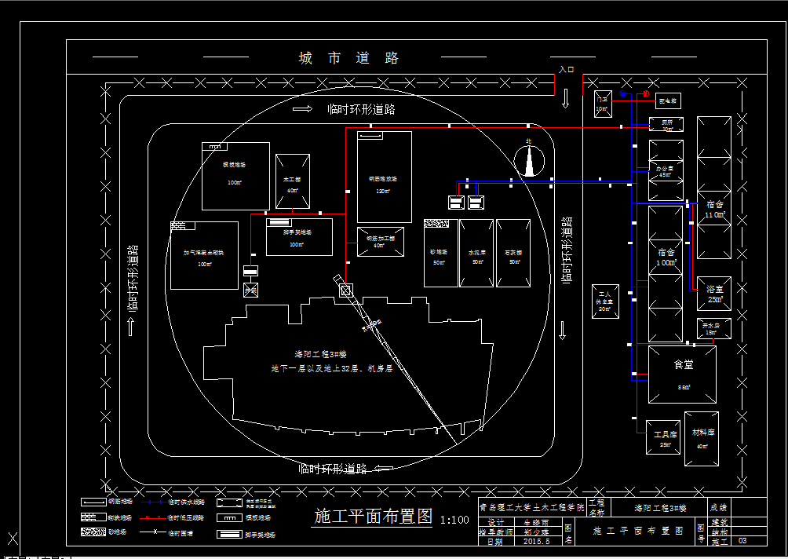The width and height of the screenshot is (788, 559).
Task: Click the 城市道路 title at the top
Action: (x=349, y=58)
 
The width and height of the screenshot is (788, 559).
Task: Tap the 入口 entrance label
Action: (x=566, y=70)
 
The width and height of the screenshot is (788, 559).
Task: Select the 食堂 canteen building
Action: (x=682, y=374)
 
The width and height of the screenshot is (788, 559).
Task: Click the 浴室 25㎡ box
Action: (x=713, y=294)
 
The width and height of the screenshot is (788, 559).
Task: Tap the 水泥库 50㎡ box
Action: (x=476, y=253)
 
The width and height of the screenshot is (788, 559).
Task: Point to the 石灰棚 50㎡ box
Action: (x=513, y=253)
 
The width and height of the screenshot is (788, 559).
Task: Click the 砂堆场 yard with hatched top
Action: (x=440, y=253)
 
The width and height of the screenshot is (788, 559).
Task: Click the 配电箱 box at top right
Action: (x=668, y=101)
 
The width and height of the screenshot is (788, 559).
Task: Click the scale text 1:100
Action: (x=454, y=520)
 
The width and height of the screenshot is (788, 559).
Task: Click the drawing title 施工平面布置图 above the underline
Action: (x=373, y=517)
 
